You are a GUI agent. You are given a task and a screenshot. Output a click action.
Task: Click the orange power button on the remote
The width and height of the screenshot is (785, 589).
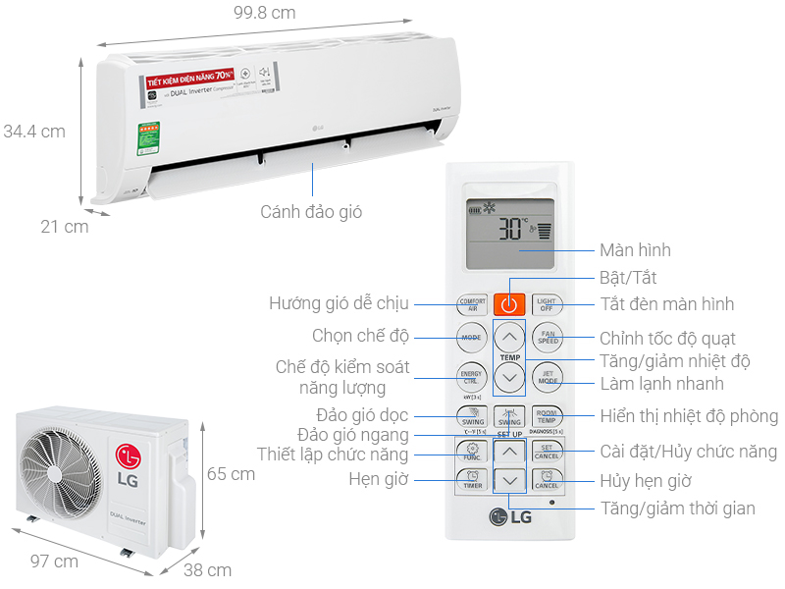508,304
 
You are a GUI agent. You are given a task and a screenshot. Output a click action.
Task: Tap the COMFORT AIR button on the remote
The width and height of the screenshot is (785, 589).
472,304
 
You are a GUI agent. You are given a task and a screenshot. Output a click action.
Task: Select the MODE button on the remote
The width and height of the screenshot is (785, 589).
472,338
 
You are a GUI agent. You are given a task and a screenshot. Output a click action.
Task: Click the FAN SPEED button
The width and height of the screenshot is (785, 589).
547,338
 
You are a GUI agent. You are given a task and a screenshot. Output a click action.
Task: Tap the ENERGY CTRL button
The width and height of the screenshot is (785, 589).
472,375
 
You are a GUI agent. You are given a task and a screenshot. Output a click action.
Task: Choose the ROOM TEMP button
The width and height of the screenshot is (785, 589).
547,415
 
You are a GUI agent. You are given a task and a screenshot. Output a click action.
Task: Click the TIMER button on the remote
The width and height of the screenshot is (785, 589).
472,481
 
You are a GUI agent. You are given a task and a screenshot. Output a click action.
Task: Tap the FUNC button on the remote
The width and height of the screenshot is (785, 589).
472,452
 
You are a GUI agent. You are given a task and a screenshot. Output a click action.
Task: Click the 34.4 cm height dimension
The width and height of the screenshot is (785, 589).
33,132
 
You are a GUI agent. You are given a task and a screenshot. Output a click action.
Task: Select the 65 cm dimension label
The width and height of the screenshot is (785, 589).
231,474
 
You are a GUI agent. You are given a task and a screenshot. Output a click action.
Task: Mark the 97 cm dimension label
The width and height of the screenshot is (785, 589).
53,562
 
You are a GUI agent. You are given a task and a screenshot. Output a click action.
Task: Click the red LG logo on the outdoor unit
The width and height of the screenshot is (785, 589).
129,456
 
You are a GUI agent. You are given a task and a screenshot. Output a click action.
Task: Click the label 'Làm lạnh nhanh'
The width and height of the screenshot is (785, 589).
661,384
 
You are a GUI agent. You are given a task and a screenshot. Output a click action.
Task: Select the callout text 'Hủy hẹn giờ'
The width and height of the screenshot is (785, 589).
646,481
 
